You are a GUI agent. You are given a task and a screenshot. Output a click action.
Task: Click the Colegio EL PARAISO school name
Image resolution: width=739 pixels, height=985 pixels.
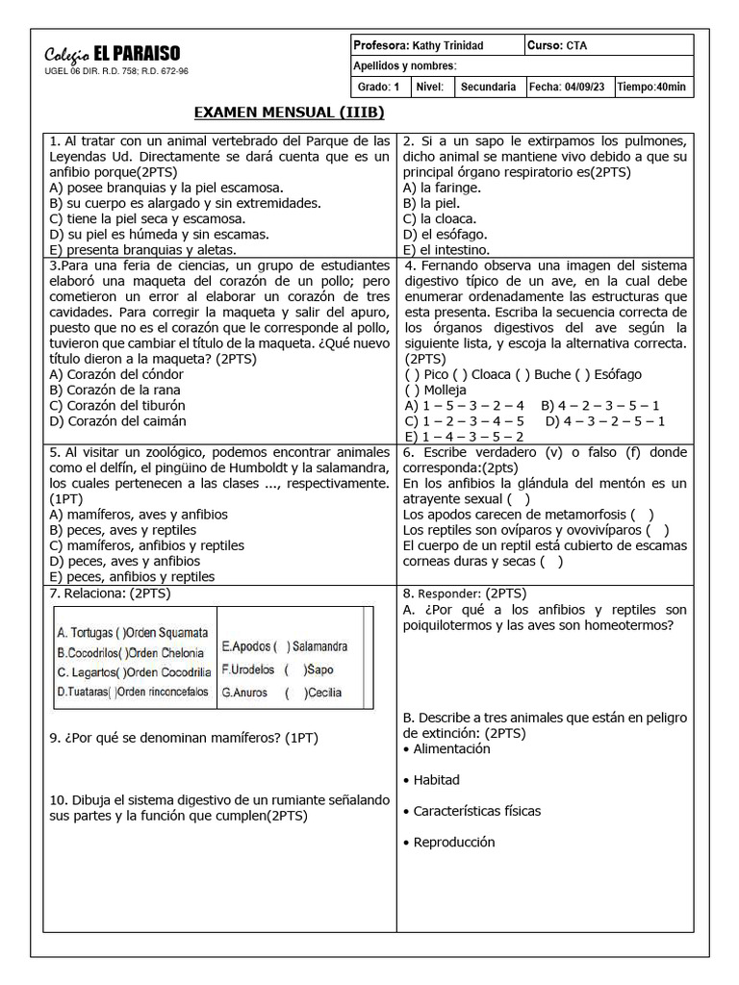click(x=113, y=54)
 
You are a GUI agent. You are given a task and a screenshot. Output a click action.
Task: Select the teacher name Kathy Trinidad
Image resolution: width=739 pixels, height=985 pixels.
click(x=448, y=46)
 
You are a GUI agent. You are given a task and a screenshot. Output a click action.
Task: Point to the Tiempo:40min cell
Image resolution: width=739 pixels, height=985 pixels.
click(x=652, y=87)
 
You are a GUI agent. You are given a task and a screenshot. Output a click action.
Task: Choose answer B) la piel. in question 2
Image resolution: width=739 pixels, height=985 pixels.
click(x=432, y=203)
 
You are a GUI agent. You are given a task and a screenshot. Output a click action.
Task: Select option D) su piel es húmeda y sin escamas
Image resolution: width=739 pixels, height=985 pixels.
click(x=159, y=234)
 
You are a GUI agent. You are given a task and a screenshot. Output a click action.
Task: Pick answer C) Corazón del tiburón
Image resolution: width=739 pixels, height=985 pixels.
click(x=118, y=405)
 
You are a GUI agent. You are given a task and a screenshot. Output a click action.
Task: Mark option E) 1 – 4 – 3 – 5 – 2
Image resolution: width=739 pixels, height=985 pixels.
click(x=464, y=436)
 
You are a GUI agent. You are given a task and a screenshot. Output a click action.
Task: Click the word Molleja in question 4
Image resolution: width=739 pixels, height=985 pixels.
click(x=445, y=390)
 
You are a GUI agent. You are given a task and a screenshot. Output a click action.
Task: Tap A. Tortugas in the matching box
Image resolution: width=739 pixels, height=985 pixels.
click(x=85, y=633)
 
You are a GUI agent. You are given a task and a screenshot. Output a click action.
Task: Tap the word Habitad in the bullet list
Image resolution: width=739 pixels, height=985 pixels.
click(x=436, y=779)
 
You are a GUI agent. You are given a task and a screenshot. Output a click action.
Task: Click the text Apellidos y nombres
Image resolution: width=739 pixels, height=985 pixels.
click(x=405, y=66)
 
